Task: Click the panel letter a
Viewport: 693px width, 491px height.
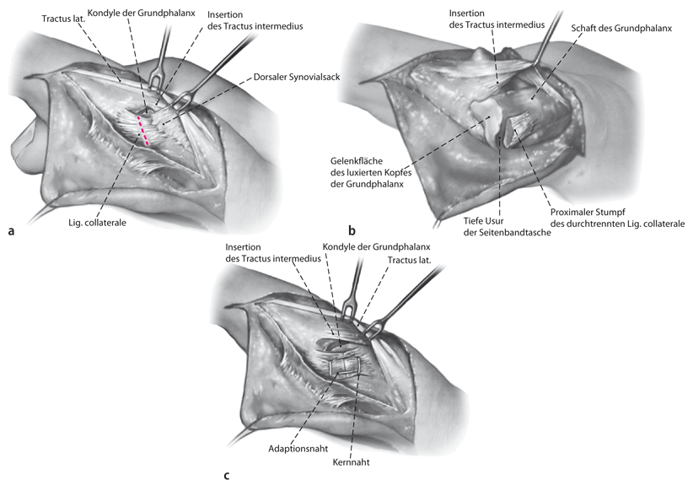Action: pyautogui.click(x=12, y=229)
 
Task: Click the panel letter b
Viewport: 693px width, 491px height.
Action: pyautogui.click(x=352, y=229)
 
